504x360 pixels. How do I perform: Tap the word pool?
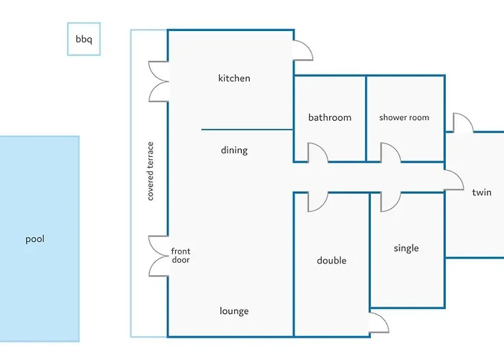coord(35,239)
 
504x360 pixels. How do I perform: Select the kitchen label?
coord(234,78)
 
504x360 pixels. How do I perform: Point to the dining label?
coord(234,150)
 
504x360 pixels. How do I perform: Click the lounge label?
coord(234,311)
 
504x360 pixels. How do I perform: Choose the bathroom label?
coord(330,117)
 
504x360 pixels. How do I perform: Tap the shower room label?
coord(404,117)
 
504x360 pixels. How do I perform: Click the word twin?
coord(482,192)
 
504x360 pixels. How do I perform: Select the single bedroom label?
coord(406,248)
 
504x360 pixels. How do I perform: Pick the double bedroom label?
coord(332,261)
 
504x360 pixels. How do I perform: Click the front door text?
coord(181,256)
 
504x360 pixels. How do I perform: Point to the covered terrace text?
coord(150,171)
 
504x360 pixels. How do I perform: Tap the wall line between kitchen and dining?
coord(247,130)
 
